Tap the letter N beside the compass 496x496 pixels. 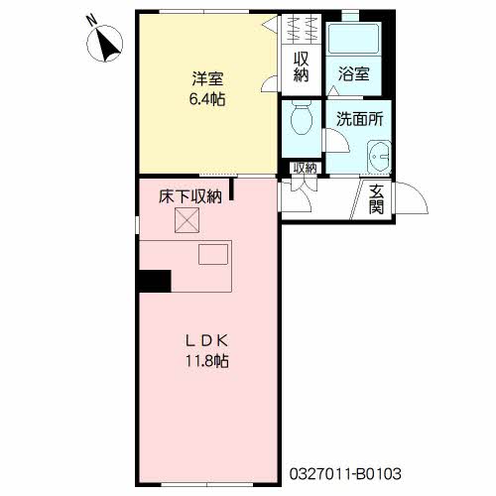[x=90, y=18]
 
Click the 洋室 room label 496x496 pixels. [x=205, y=78]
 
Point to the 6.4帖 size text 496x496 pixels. [x=205, y=99]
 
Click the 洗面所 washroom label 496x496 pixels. [x=359, y=119]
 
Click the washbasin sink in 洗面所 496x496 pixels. [x=379, y=157]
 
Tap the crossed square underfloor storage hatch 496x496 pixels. [x=186, y=221]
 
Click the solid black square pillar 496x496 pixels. [x=155, y=281]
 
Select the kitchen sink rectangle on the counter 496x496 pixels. [x=212, y=255]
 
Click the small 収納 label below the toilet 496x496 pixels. [x=305, y=169]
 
